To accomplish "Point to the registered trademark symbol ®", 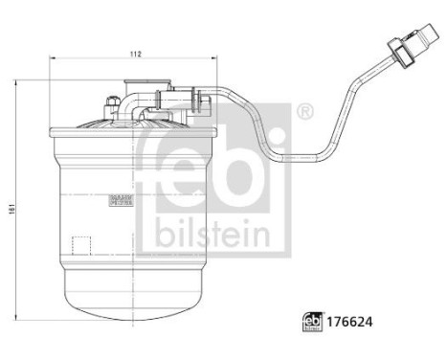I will (x=304, y=112).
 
